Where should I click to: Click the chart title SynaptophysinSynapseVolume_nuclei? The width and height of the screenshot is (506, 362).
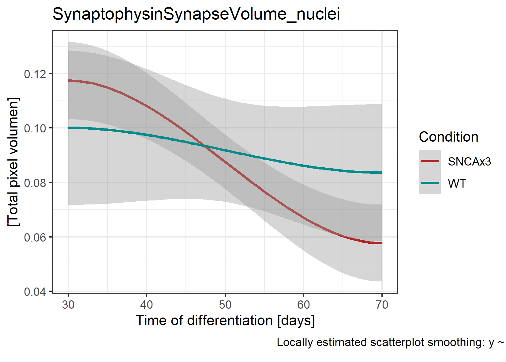coord(196,14)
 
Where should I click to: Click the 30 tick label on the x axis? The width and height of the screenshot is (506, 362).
coord(68,305)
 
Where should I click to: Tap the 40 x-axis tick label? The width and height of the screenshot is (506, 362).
coord(147,305)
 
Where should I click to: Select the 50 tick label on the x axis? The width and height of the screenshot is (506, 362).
coord(225,305)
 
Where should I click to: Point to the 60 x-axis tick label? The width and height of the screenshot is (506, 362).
coord(304,305)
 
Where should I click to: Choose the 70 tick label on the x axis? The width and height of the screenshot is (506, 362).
coord(382,305)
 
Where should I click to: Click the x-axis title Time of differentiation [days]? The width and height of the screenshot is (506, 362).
coord(225,321)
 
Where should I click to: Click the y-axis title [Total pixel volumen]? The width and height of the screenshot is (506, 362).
coord(13,162)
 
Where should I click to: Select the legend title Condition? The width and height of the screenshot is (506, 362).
coord(448,137)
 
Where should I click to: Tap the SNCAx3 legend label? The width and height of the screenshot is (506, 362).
coord(469,161)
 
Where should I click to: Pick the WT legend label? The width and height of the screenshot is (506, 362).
coord(457,184)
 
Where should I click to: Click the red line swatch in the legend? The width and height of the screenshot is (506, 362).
coord(430,161)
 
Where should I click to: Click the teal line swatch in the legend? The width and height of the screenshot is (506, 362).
coord(430,183)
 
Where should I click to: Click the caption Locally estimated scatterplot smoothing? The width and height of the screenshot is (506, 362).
coord(390,342)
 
